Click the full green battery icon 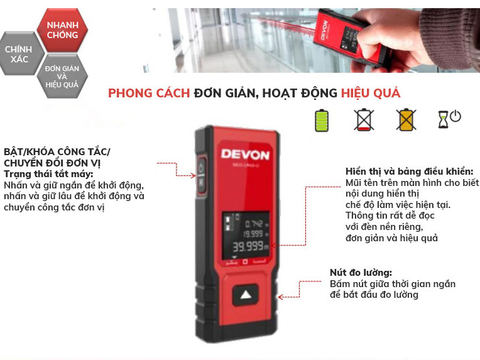pyautogui.click(x=322, y=119)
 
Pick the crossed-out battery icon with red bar pyautogui.click(x=363, y=119)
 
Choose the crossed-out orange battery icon pyautogui.click(x=406, y=119)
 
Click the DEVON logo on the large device pyautogui.click(x=245, y=154)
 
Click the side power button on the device pyautogui.click(x=201, y=173)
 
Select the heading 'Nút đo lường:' pyautogui.click(x=361, y=273)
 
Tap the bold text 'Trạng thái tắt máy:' pyautogui.click(x=48, y=173)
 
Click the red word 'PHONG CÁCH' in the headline pyautogui.click(x=149, y=93)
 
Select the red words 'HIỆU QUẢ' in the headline pyautogui.click(x=371, y=93)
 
